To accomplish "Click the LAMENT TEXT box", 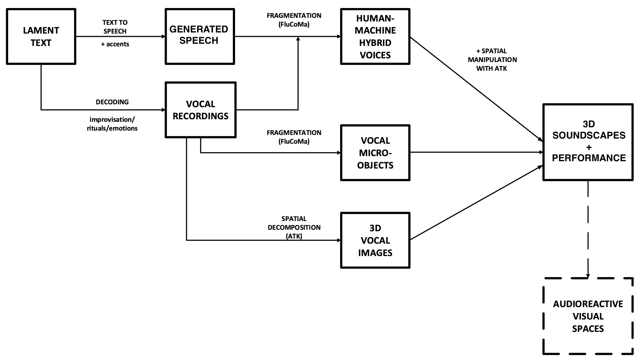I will (x=41, y=36).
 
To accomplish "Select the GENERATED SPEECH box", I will (x=199, y=36).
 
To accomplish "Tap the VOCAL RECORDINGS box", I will (x=200, y=110).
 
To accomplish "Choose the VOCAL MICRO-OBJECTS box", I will (x=375, y=152).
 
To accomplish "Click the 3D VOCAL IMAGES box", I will (x=375, y=240).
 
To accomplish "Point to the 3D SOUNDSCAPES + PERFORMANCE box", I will (x=588, y=142).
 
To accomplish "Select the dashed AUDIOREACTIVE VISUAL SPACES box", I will (x=588, y=316).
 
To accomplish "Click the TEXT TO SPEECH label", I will (x=115, y=27).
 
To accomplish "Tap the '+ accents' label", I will (x=115, y=44).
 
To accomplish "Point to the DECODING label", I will (x=112, y=102).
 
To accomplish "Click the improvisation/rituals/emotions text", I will (x=112, y=124).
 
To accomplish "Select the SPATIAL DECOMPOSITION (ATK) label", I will (x=294, y=227).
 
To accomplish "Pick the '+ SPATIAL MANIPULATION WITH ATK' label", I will (x=492, y=59).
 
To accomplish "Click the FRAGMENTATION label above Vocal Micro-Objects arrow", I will (x=294, y=137).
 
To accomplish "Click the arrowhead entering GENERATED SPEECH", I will (x=163, y=36).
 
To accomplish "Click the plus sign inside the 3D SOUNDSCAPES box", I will (x=588, y=147).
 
